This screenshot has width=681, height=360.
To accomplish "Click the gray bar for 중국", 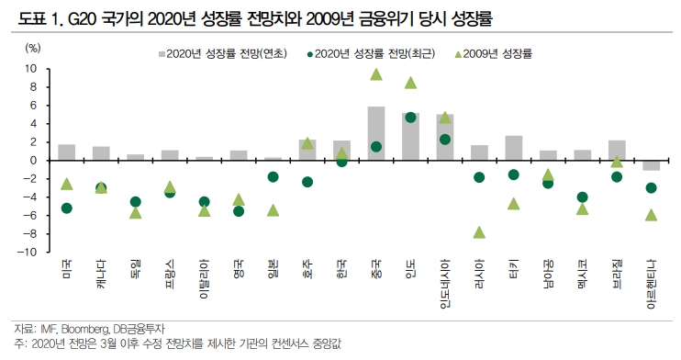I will (375, 133).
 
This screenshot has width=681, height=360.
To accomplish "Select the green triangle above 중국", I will (375, 73).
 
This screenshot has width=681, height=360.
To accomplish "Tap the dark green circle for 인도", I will (410, 118).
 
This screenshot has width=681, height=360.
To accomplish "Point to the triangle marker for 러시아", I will (478, 232).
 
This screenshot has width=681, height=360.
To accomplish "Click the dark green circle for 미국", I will (67, 208).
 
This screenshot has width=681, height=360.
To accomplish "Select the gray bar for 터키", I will (513, 148).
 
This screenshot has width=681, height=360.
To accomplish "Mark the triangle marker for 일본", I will (273, 210).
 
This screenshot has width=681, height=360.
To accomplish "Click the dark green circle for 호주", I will (307, 182).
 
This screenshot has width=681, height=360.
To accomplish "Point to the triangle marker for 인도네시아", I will (444, 118).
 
